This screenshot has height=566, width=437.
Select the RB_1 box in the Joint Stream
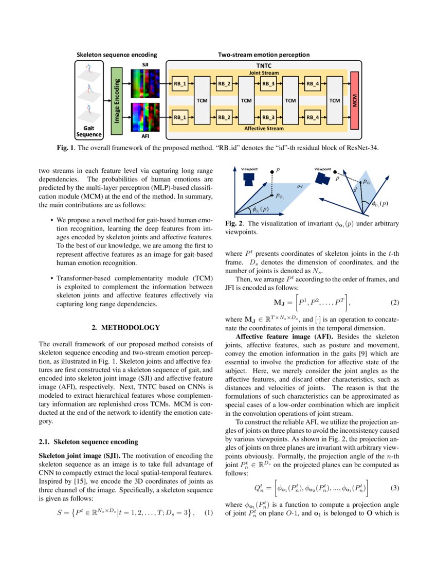coord(180,83)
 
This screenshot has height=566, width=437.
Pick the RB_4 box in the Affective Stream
coord(313,117)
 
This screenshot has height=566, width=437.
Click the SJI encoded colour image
coord(144,83)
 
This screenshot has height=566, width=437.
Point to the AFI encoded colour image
coord(144,118)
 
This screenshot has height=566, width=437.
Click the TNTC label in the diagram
coord(264,66)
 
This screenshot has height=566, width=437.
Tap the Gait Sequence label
coord(89,131)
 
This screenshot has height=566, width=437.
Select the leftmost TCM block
coord(202,100)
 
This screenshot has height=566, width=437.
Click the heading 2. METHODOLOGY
coord(125,327)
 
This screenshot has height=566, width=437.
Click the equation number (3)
coord(394,487)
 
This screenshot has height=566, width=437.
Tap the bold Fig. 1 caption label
coord(65,148)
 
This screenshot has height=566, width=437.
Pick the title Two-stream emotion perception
coord(264,54)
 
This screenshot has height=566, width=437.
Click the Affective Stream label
coord(264,128)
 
